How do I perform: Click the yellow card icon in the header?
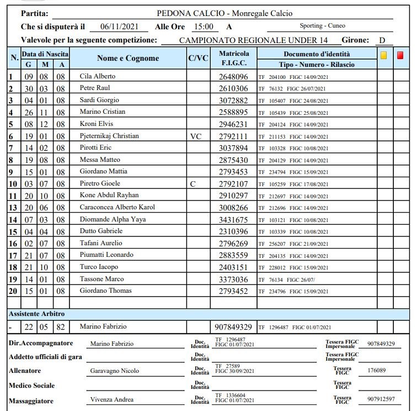pyautogui.click(x=384, y=55)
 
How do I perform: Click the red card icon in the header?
pyautogui.click(x=400, y=55)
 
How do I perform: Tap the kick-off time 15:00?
pyautogui.click(x=203, y=26)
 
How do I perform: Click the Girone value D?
pyautogui.click(x=382, y=40)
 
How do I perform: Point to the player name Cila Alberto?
pyautogui.click(x=98, y=76)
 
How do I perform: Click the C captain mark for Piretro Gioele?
pyautogui.click(x=193, y=183)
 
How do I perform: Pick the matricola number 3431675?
pyautogui.click(x=234, y=220)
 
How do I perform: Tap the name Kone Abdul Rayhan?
pyautogui.click(x=109, y=195)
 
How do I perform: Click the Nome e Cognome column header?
pyautogui.click(x=128, y=58)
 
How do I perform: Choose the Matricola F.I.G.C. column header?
pyautogui.click(x=234, y=59)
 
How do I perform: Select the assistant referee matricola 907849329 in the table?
pyautogui.click(x=234, y=327)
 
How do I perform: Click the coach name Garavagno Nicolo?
pyautogui.click(x=115, y=371)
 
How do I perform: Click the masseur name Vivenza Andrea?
pyautogui.click(x=112, y=399)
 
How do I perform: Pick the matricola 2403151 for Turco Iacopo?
pyautogui.click(x=234, y=267)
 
